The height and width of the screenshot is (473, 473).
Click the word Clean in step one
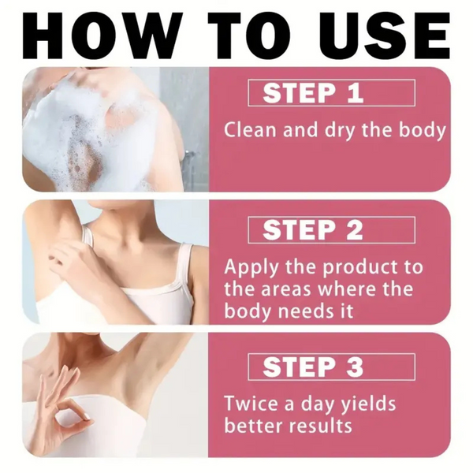pos(248,130)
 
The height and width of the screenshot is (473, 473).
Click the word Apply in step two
pos(249,268)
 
